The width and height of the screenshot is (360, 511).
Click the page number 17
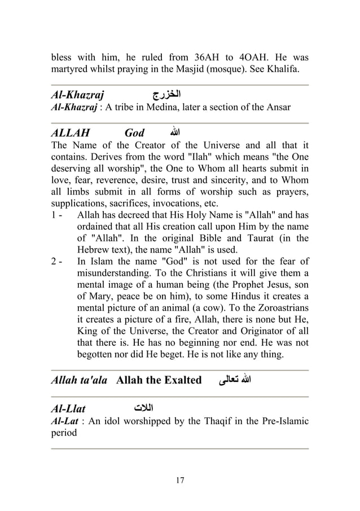tap(180, 481)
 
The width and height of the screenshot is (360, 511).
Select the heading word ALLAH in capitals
tap(71, 134)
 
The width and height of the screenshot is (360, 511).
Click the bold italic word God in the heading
tap(134, 134)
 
